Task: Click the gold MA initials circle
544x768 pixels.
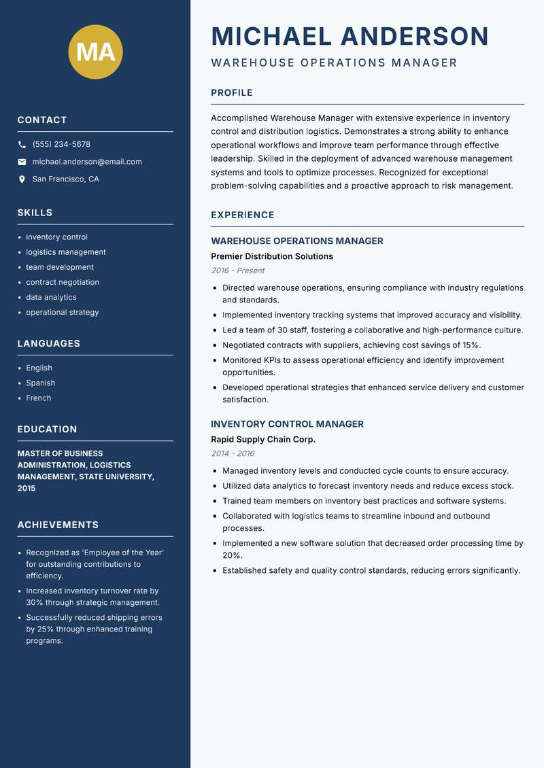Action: click(95, 52)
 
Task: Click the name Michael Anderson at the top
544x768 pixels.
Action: click(350, 36)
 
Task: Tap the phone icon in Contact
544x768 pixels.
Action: click(22, 145)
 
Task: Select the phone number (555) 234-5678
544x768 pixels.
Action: click(61, 145)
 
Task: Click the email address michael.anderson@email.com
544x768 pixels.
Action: click(87, 162)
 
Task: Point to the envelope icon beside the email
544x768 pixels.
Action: click(22, 162)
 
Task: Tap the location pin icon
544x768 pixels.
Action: click(22, 179)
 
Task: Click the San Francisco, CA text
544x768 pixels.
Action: click(65, 179)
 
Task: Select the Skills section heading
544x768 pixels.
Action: click(35, 213)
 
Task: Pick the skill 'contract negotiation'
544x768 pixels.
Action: click(63, 282)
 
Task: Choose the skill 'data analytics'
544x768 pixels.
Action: click(51, 297)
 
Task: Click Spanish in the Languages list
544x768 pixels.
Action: click(40, 383)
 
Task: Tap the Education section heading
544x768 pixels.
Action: click(47, 430)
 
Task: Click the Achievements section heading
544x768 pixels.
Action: click(58, 525)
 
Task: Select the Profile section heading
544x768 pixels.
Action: click(231, 93)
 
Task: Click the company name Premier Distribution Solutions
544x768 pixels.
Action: click(272, 256)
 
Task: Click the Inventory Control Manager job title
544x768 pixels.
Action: click(287, 424)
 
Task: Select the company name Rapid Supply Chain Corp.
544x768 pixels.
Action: click(263, 440)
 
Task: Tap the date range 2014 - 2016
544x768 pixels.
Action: click(233, 453)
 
